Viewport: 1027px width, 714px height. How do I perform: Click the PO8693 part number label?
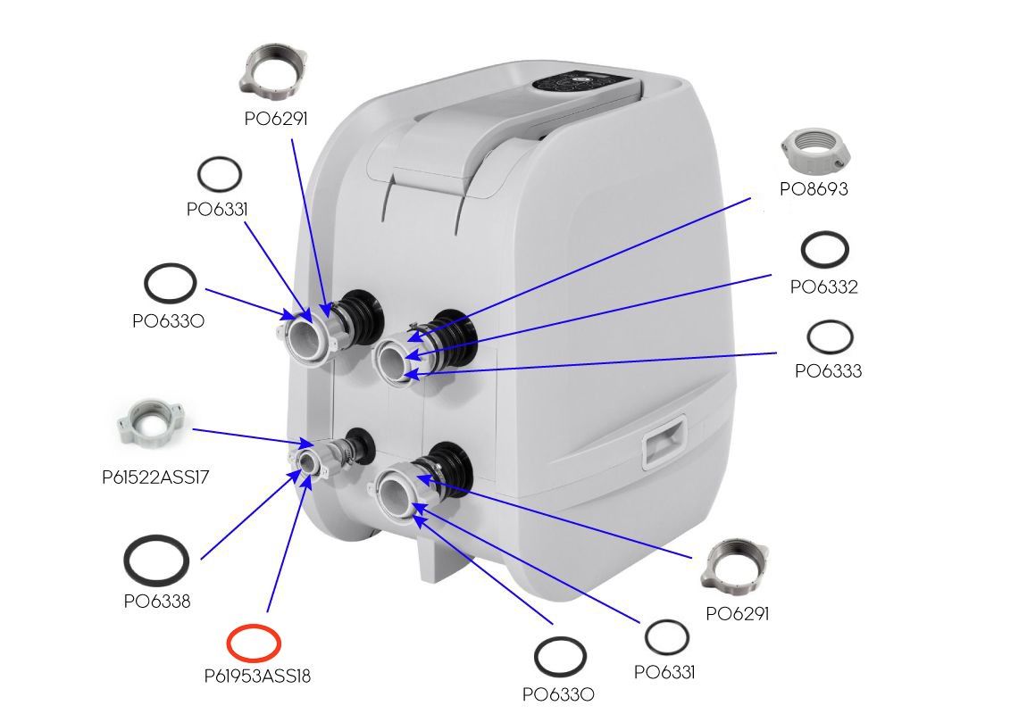[x=813, y=189]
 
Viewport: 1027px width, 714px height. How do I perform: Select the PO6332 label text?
[x=823, y=286]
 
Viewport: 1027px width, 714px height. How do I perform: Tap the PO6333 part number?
[x=828, y=371]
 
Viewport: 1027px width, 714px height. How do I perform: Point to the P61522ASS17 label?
[x=156, y=477]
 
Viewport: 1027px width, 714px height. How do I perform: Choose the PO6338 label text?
[x=157, y=601]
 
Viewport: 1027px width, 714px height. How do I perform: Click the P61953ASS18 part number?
[x=257, y=676]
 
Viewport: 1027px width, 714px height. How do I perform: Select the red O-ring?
[x=254, y=641]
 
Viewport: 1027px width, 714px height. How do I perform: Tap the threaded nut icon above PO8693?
[x=814, y=149]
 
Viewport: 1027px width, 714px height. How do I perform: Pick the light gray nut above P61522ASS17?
[x=150, y=422]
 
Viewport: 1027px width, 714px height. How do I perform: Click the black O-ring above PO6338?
[x=156, y=559]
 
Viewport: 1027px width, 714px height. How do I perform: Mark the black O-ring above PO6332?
[x=824, y=249]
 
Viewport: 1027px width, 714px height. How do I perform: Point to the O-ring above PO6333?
[x=830, y=337]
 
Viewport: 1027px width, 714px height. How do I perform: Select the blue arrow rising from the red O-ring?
[x=286, y=544]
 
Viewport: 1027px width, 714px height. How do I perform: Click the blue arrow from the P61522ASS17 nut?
[x=250, y=436]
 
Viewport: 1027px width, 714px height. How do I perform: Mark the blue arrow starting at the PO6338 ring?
[x=250, y=513]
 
